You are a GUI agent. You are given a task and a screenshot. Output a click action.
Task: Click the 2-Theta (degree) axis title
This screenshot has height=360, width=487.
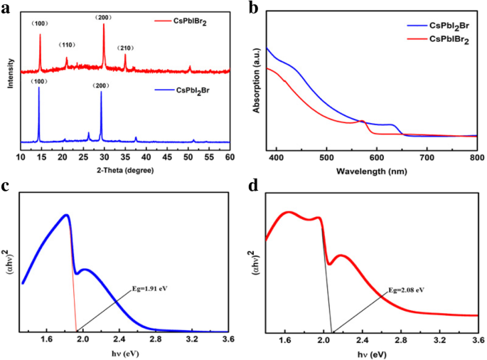(124, 170)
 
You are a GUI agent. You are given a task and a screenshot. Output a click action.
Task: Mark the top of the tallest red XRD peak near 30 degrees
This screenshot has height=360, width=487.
(104, 23)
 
